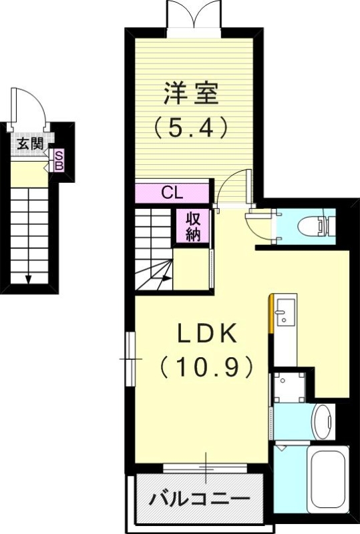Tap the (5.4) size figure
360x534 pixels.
[x=192, y=127]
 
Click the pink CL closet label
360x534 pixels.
[x=173, y=194]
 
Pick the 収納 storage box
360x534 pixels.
[x=194, y=226]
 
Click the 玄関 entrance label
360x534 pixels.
[x=30, y=143]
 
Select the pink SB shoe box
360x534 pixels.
[x=59, y=160]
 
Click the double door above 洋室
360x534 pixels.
[x=194, y=15]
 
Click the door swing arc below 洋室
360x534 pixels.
[x=235, y=186]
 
